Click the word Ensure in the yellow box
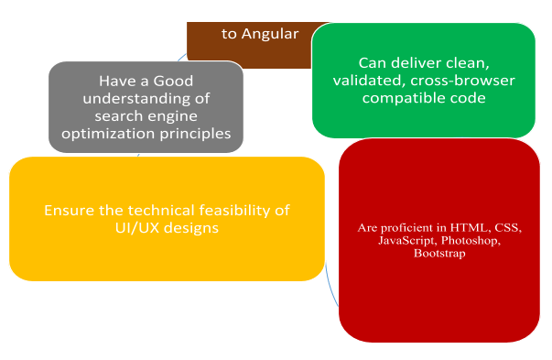pos(68,210)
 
